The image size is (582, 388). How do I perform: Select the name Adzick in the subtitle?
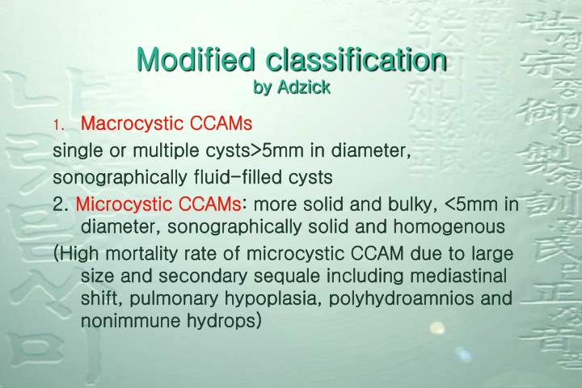303,87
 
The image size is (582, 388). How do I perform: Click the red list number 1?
57,125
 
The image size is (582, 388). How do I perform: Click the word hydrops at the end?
230,322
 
